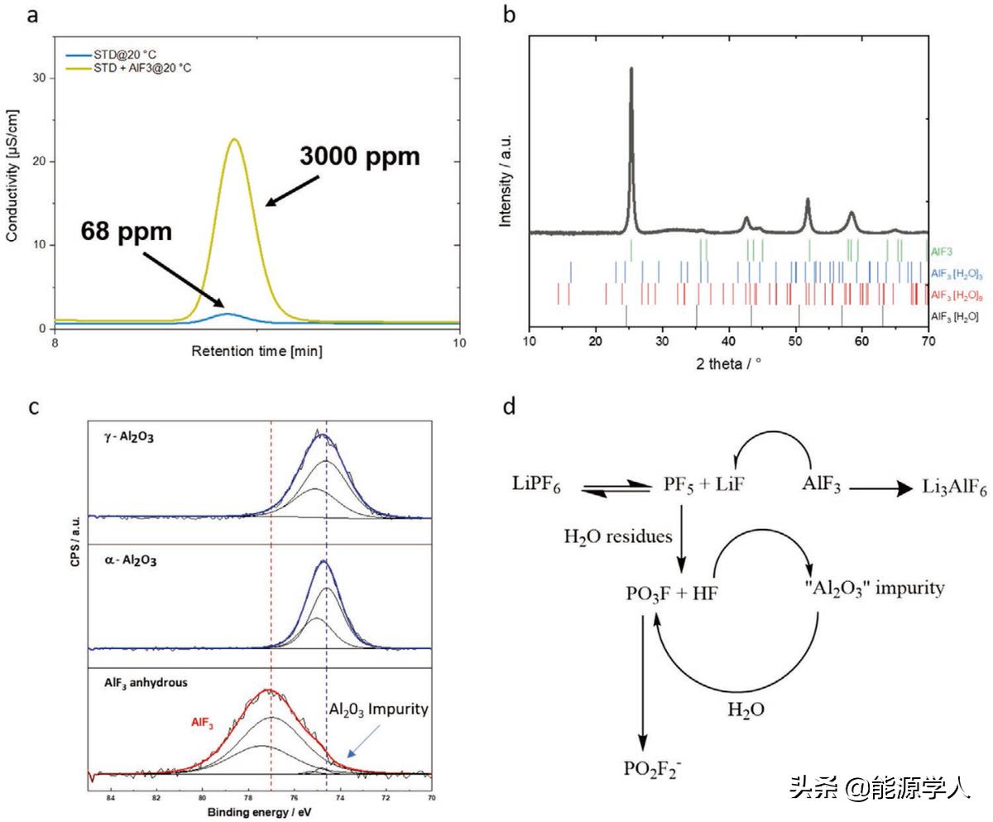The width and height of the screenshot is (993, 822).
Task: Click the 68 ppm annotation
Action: click(127, 231)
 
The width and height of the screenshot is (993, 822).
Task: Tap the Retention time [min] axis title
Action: click(257, 351)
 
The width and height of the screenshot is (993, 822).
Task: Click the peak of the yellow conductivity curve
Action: click(235, 139)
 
